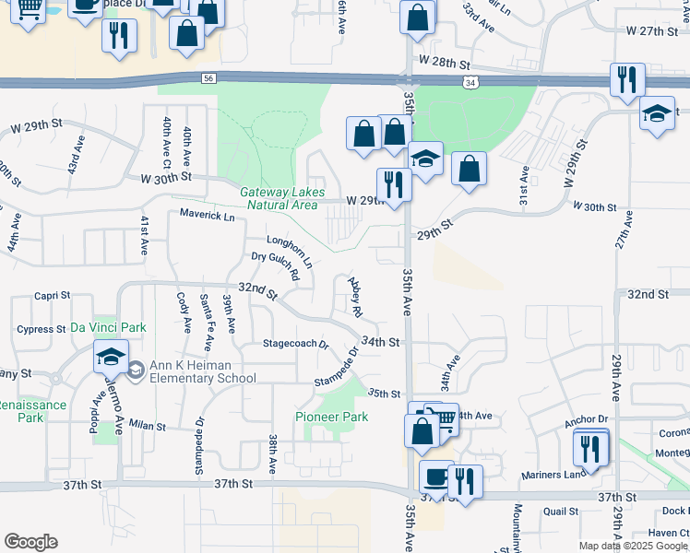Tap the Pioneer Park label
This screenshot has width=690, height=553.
[x=332, y=418]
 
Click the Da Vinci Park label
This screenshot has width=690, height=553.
[x=108, y=327]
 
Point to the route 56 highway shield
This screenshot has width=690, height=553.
[x=208, y=80]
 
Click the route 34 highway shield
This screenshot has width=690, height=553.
[x=471, y=83]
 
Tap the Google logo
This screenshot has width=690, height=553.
[x=30, y=541]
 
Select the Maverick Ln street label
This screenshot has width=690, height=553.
[x=208, y=217]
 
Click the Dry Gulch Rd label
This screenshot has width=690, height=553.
[x=276, y=267]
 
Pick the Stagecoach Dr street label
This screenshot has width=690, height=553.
[x=296, y=344]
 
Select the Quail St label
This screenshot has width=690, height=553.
[x=560, y=511]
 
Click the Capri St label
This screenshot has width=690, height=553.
[x=53, y=296]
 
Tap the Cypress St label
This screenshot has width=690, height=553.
[x=37, y=329]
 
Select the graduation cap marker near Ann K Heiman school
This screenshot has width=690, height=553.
[x=110, y=357]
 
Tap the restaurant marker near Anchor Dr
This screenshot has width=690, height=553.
[x=589, y=448]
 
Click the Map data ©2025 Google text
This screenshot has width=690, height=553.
[x=632, y=546]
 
